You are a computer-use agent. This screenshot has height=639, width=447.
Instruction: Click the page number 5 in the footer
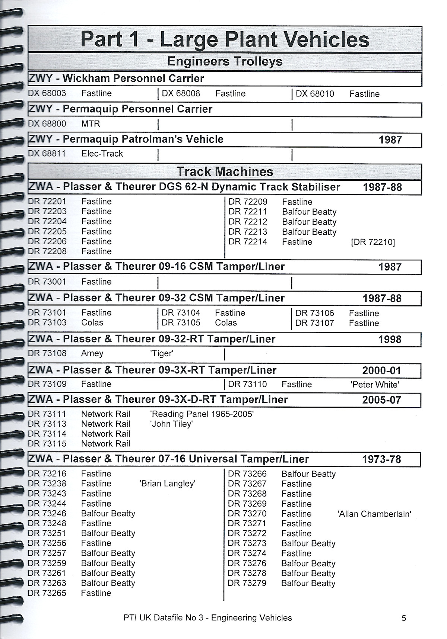coord(404,618)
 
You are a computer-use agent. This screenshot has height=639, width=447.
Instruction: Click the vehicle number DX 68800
coord(47,123)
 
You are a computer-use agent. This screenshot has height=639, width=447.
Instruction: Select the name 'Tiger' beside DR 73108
coord(161,353)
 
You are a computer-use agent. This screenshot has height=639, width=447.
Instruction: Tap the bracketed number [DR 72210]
coord(373,242)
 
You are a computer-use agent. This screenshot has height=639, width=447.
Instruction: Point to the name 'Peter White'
coord(375,385)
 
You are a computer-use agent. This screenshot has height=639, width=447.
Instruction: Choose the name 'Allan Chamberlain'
coord(374,514)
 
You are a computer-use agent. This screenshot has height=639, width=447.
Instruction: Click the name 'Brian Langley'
coord(168,484)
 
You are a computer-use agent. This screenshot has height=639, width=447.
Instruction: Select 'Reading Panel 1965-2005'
coord(202,414)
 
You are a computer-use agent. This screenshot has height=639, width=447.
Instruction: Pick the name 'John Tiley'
coord(171,424)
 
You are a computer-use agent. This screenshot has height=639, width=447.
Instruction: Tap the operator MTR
coord(91,123)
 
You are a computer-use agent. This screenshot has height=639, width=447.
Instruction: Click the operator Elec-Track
coord(102,154)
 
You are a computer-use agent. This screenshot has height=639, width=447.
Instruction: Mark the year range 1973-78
coord(381,459)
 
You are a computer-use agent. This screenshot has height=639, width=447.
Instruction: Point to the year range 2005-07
coord(381,400)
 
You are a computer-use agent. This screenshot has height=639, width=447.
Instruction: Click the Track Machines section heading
coord(225,171)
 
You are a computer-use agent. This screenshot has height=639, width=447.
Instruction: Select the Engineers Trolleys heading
coord(225,61)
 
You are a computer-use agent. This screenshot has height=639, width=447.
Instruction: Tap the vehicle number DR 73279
coord(247,583)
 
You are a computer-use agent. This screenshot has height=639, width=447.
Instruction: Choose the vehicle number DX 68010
coord(315,94)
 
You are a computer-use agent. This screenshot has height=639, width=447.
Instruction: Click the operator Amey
coord(92,353)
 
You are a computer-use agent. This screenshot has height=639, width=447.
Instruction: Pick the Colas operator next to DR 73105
coord(226,323)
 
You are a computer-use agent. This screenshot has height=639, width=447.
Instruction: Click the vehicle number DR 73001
coord(47,282)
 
